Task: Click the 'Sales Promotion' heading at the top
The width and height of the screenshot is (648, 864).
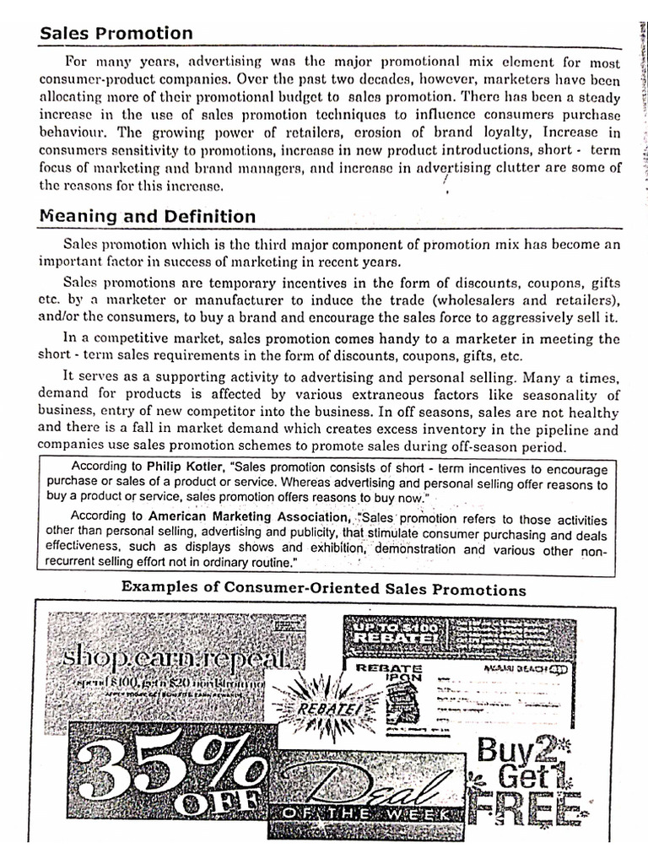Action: [116, 34]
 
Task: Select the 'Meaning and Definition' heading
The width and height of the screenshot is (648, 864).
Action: [148, 217]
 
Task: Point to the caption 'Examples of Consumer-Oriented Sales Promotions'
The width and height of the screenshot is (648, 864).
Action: [323, 589]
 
